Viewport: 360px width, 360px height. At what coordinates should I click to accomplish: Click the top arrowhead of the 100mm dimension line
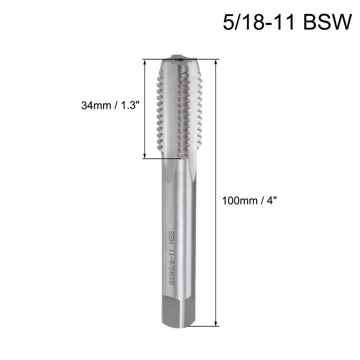[216, 62]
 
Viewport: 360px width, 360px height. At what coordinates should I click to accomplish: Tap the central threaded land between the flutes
[183, 108]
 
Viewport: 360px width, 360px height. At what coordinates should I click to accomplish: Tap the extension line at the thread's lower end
[162, 159]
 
